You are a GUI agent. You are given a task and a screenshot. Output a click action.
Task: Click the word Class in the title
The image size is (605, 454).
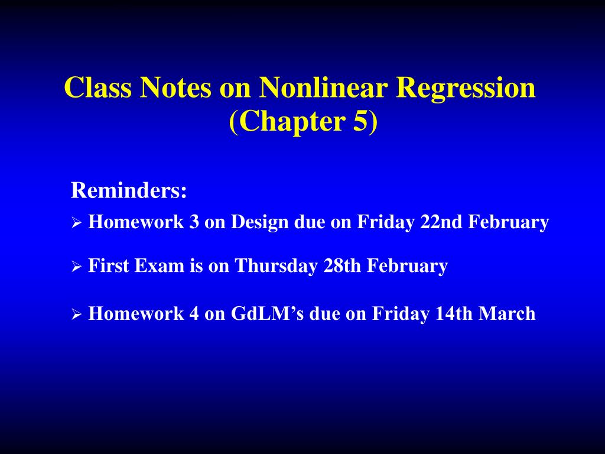pyautogui.click(x=97, y=87)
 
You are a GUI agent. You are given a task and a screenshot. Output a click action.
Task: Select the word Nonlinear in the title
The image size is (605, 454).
pyautogui.click(x=323, y=87)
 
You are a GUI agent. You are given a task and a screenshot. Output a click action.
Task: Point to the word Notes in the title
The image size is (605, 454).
pyautogui.click(x=175, y=87)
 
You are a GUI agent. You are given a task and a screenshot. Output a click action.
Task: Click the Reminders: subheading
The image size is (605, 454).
pyautogui.click(x=129, y=190)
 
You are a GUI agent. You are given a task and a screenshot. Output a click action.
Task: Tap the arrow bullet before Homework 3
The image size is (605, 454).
pyautogui.click(x=76, y=223)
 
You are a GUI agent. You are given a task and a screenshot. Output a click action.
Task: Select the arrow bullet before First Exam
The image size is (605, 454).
pyautogui.click(x=76, y=267)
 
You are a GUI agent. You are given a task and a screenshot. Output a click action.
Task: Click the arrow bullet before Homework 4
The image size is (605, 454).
pyautogui.click(x=76, y=314)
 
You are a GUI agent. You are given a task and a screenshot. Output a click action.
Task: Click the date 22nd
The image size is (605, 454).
pyautogui.click(x=441, y=222)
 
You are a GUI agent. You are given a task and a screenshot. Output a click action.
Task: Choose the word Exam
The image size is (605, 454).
pyautogui.click(x=160, y=265)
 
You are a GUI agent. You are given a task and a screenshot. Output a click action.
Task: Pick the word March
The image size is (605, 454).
pyautogui.click(x=507, y=313)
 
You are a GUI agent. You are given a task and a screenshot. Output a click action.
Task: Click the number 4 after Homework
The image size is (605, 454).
pyautogui.click(x=194, y=313)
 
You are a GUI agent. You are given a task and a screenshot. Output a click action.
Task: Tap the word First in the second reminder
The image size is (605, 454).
pyautogui.click(x=109, y=265)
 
